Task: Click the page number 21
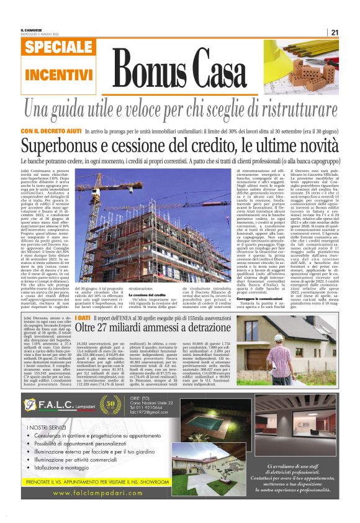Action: (x=335, y=32)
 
